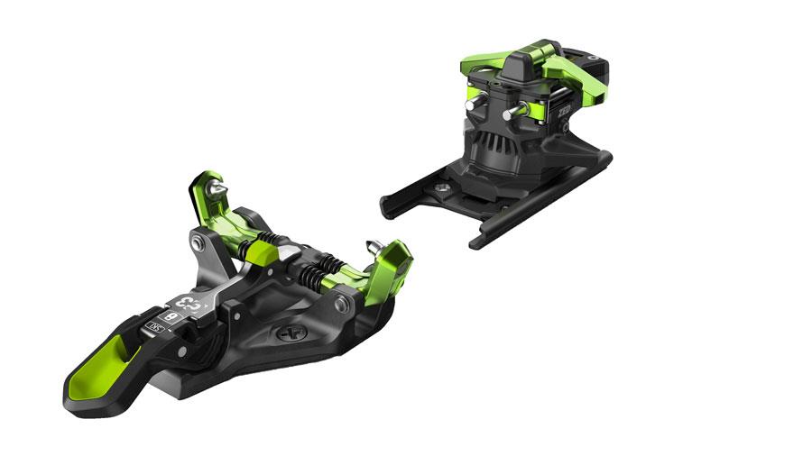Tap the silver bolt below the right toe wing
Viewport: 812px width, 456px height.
(x=342, y=306)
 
